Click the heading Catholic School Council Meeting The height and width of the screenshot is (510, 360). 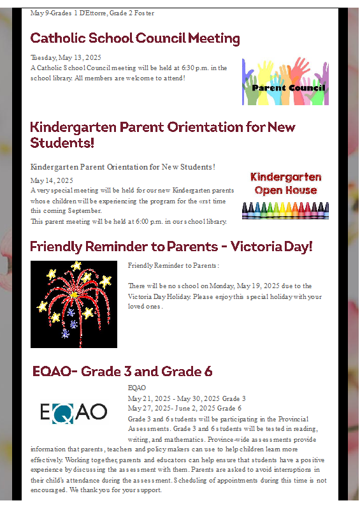(135, 38)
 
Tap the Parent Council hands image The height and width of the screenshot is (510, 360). (285, 82)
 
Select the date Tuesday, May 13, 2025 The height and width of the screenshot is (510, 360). (66, 57)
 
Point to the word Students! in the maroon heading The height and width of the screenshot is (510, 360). (62, 143)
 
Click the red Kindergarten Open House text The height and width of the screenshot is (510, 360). (285, 184)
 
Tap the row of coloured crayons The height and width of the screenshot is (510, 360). (285, 210)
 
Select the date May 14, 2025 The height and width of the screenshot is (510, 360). (52, 180)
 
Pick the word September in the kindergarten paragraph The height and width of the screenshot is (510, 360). (85, 211)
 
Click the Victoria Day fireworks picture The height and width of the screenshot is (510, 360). (74, 304)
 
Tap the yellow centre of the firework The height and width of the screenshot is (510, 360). (75, 295)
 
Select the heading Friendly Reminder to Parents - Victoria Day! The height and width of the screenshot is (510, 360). (171, 247)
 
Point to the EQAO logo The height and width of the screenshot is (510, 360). (73, 412)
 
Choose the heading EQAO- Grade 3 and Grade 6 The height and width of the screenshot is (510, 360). (122, 372)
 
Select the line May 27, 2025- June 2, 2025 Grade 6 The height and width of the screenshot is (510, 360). (185, 408)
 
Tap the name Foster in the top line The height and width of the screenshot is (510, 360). (144, 13)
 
